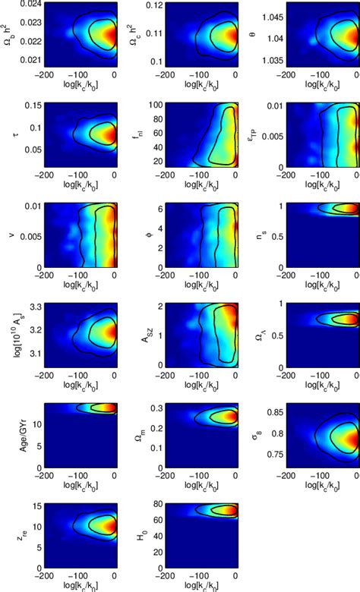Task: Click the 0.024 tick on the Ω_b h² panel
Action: (30, 3)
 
